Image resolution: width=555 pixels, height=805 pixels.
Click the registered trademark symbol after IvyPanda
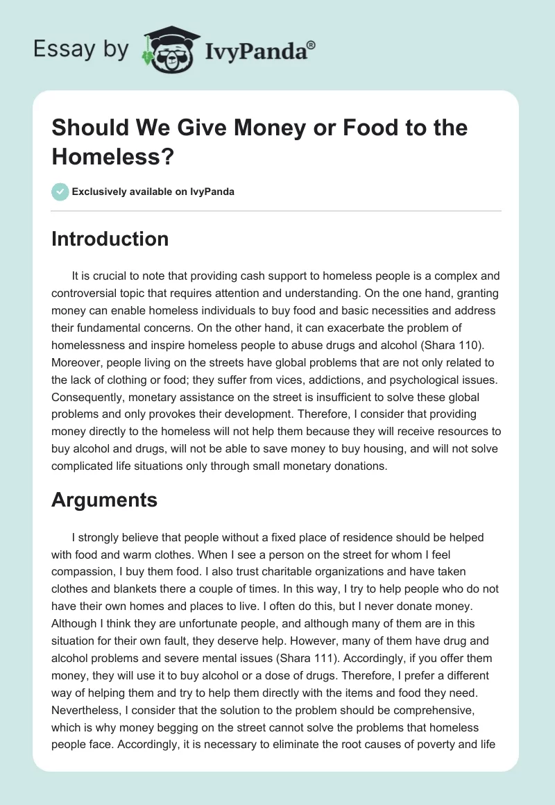311,45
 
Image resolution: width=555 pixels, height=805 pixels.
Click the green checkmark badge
60,192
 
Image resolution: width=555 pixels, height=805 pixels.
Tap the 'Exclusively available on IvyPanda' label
153,192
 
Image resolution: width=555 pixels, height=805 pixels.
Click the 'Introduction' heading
110,239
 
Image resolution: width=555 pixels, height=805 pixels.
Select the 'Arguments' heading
104,500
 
